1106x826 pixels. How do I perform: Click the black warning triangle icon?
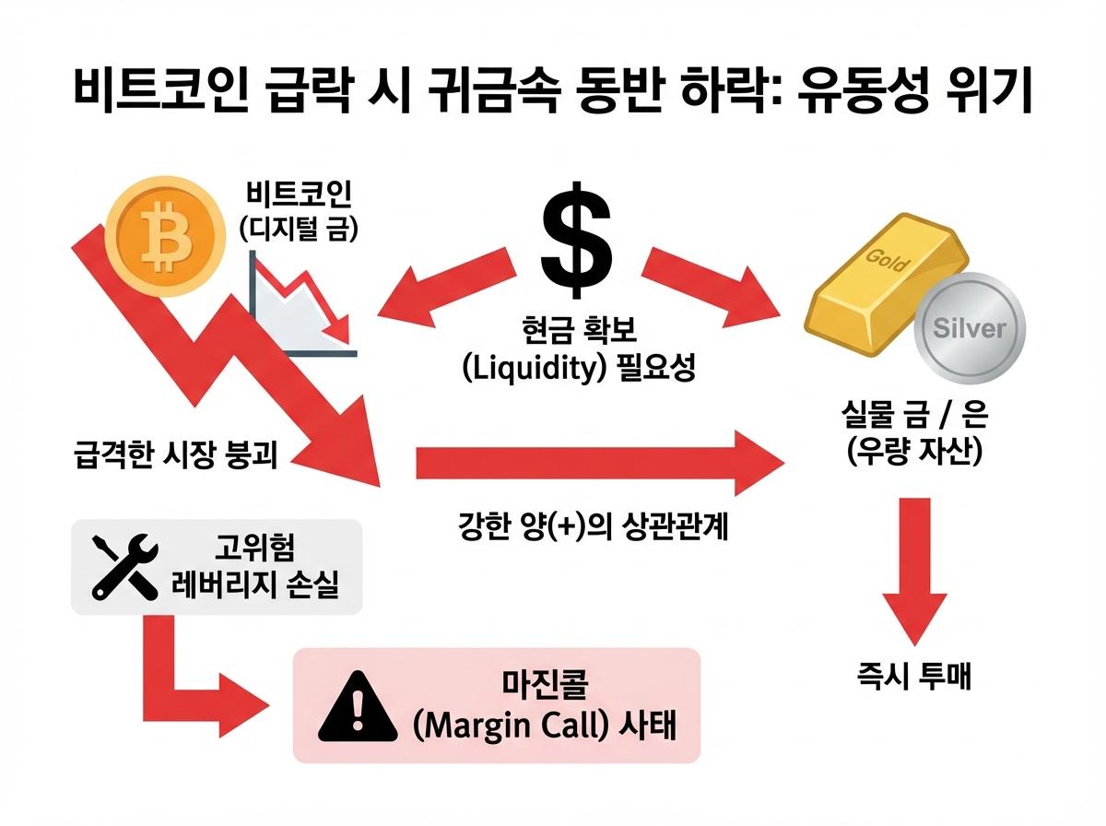pos(352,706)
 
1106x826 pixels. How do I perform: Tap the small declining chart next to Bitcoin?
pos(300,308)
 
